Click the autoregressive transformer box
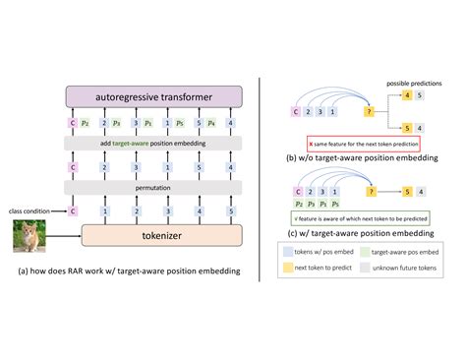[153, 96]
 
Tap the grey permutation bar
[153, 186]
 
